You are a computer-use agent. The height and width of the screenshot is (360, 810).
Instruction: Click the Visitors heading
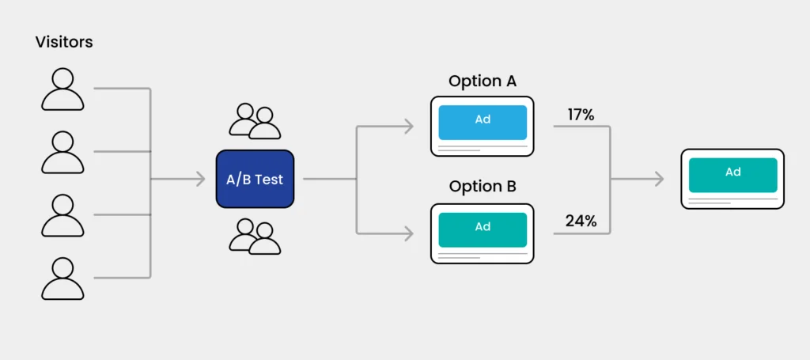pos(64,42)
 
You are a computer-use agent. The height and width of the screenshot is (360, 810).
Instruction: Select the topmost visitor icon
pos(62,89)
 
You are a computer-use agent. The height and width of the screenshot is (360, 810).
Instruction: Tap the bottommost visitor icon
pos(62,278)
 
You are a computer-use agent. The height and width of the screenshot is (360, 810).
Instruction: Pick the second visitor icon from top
pos(62,152)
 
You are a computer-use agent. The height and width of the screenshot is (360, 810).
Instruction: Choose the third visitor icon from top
pos(62,214)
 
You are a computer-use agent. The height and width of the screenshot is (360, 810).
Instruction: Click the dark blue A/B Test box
pos(255,180)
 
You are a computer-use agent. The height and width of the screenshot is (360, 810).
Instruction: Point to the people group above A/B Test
pos(255,121)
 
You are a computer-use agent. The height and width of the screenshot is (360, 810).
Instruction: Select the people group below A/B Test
pos(255,237)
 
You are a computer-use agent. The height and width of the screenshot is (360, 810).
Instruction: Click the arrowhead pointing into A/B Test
pos(200,180)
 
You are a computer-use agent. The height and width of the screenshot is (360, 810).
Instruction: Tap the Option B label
pos(483,187)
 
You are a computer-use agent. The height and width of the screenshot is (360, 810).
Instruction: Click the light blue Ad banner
pos(483,119)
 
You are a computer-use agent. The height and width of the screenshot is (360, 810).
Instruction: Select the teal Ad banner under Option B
pos(483,227)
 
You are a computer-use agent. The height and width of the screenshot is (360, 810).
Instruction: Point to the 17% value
pos(581,115)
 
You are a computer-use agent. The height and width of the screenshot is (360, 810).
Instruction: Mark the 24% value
pos(581,222)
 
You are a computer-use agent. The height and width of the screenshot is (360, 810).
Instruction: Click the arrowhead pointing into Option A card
pos(408,126)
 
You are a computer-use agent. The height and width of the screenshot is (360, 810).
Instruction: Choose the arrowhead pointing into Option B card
pos(408,233)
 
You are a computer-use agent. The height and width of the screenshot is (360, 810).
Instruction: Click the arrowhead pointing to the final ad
pos(658,180)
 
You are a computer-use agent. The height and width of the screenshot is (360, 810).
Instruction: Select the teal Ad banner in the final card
pos(732,173)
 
